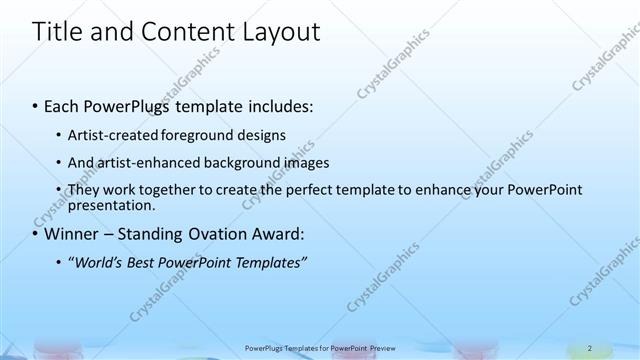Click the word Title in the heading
point(58,32)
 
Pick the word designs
point(259,134)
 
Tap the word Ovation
point(222,235)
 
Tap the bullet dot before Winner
point(36,236)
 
